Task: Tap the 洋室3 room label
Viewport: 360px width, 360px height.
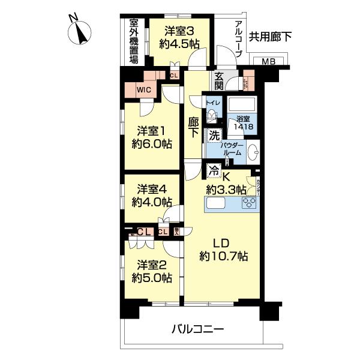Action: (179, 37)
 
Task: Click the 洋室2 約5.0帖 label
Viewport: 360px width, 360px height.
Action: (154, 271)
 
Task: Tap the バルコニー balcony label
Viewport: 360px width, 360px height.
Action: (198, 329)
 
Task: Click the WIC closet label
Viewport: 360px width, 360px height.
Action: (143, 90)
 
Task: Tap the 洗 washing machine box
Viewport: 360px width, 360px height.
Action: (214, 136)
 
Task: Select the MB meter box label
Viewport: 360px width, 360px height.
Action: (268, 62)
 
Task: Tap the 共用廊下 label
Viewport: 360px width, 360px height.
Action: (271, 37)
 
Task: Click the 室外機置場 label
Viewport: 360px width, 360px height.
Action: (134, 41)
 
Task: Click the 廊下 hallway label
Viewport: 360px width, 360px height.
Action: (193, 127)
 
